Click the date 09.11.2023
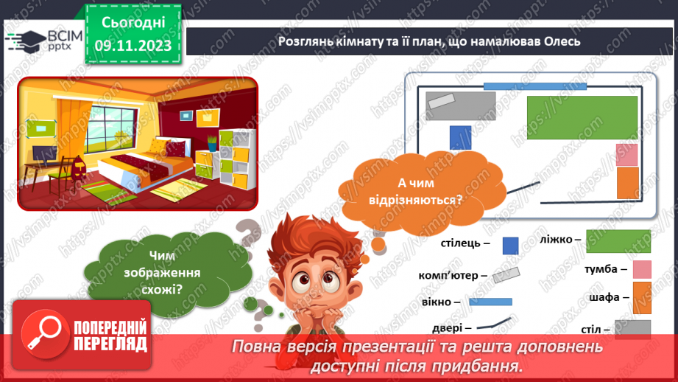[133, 46]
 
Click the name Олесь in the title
[559, 41]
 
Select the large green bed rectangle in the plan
[582, 118]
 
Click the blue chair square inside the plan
[460, 138]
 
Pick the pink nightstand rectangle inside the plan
[626, 154]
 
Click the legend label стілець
[461, 242]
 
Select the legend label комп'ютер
[453, 275]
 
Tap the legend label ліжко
[560, 239]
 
